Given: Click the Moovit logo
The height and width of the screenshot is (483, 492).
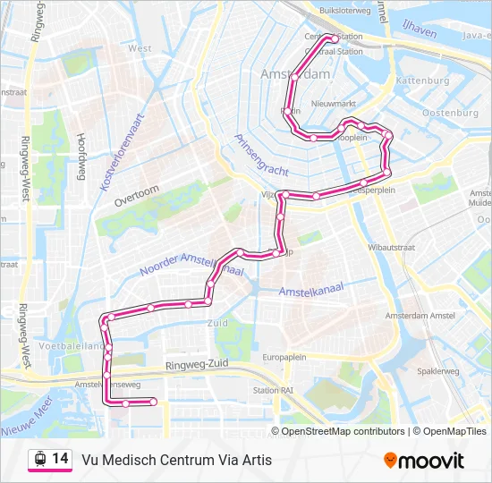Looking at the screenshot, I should coord(424,461).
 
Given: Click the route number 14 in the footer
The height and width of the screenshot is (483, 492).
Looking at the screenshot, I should coord(61,459).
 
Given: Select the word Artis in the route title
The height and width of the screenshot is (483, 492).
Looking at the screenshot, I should coord(254,461).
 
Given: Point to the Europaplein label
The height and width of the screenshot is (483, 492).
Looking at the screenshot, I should coord(284,356).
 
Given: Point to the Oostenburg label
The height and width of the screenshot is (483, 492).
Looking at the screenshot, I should coord(450,114).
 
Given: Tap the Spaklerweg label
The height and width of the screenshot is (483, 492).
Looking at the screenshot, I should coord(437,370).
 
